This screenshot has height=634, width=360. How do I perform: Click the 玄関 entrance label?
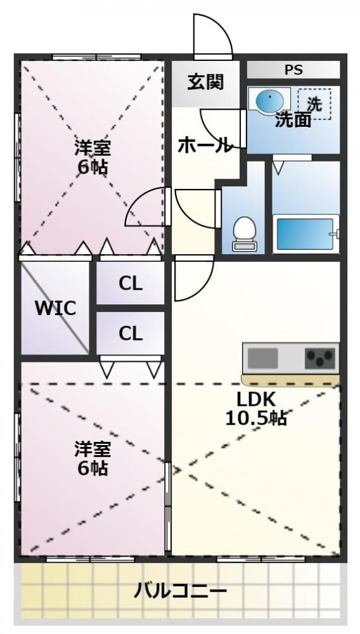pos(205,82)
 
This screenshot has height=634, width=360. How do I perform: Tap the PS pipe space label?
pos(293,70)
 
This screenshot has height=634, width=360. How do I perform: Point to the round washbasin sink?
pos(269,100)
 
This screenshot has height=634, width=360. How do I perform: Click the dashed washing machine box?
pos(314,103)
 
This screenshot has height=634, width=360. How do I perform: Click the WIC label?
pos(55,309)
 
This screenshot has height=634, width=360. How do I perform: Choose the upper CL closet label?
pos(131,284)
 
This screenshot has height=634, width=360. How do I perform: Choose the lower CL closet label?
pos(131,333)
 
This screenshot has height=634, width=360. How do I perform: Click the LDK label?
pos(256,400)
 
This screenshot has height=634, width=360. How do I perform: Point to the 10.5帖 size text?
pos(255,418)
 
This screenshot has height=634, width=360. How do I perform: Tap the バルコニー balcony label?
pos(180,593)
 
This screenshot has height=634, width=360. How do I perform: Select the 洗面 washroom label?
pos(293,120)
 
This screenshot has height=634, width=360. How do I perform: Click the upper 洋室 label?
pos(93,148)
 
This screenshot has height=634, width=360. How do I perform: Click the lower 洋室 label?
pos(93,450)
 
